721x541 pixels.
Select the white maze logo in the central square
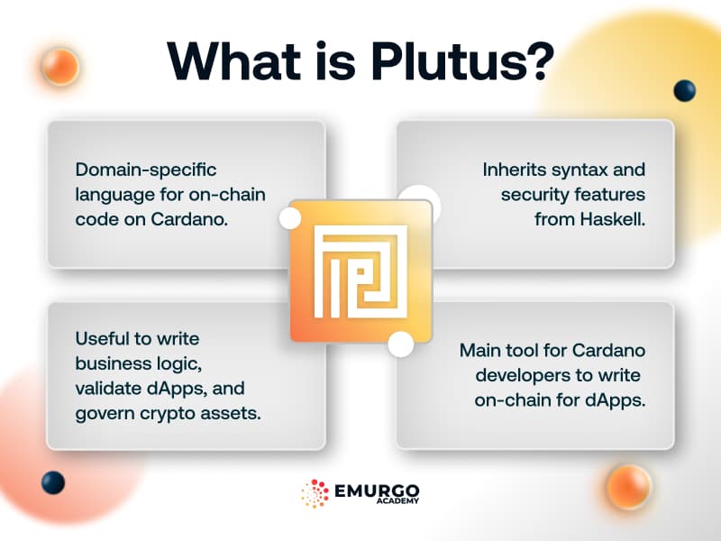coord(360,270)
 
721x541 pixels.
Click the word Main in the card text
coord(480,349)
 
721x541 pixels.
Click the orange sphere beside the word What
coord(60,66)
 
